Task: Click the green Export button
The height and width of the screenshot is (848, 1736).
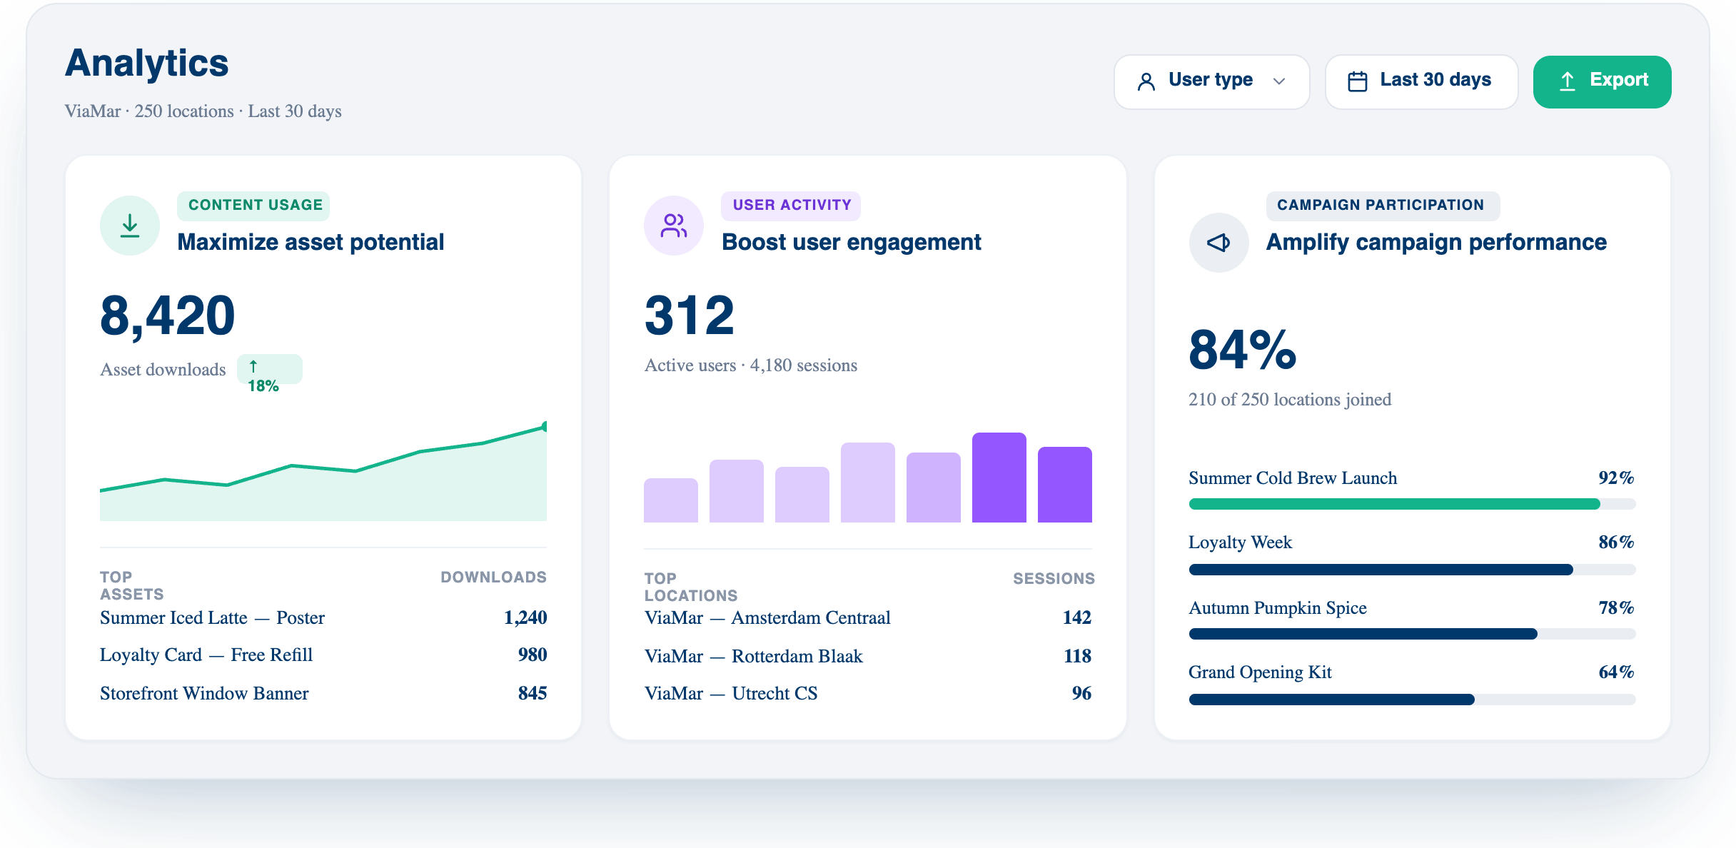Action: [x=1602, y=81]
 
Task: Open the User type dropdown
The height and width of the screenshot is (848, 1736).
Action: [x=1211, y=81]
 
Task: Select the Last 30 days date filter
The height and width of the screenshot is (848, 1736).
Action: [x=1421, y=81]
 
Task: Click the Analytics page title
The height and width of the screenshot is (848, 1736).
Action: [x=147, y=63]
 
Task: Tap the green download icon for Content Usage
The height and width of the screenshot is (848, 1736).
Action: [x=130, y=226]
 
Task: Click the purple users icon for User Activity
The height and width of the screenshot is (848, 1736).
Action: [x=674, y=226]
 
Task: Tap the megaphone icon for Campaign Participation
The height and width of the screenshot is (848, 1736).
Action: [x=1218, y=243]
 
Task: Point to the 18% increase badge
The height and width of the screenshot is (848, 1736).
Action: [x=269, y=369]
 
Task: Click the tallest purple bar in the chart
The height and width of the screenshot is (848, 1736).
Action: [x=999, y=478]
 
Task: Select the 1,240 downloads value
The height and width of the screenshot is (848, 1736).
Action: [x=525, y=617]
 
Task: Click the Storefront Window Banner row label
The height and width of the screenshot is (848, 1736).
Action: [x=204, y=693]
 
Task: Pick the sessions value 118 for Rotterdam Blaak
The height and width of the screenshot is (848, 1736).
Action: [x=1077, y=656]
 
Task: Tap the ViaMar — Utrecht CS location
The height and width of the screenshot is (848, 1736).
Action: [x=731, y=693]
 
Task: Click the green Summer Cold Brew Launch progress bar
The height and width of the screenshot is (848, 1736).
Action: [x=1394, y=504]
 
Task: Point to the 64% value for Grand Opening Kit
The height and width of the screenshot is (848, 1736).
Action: [x=1616, y=672]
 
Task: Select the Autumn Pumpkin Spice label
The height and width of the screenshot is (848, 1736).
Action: [x=1278, y=608]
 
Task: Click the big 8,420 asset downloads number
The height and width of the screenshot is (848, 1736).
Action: [x=168, y=316]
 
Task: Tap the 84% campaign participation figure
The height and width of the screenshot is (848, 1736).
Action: [x=1242, y=350]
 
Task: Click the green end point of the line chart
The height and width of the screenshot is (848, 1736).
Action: [x=545, y=426]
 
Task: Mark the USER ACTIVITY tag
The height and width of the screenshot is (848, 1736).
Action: [x=792, y=206]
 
